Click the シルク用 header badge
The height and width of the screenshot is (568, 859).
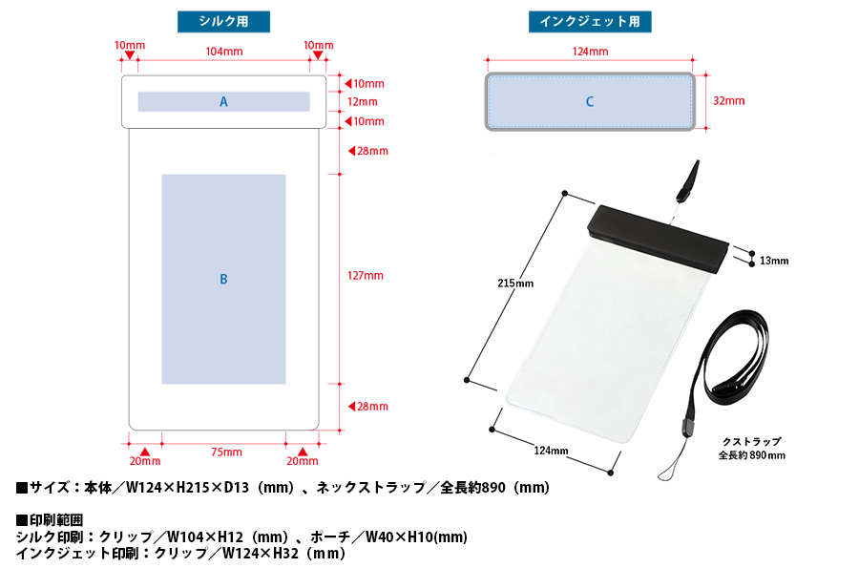224,22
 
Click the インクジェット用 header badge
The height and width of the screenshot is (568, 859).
590,22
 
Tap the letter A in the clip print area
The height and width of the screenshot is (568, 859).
223,101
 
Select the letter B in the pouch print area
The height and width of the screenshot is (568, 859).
223,279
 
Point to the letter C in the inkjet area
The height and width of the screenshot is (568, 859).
590,101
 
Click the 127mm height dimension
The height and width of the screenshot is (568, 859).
366,275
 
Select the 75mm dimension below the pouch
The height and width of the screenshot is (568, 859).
226,452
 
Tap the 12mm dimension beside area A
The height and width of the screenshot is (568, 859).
363,101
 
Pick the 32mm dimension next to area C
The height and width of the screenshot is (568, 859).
729,100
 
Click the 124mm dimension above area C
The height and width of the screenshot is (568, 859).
590,52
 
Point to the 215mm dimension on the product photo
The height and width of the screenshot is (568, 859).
515,283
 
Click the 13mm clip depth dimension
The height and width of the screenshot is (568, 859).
774,261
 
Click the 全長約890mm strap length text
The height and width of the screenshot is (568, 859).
752,455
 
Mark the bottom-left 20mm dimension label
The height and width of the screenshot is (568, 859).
144,462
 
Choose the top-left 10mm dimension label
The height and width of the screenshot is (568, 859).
129,46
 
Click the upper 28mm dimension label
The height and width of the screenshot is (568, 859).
373,151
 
